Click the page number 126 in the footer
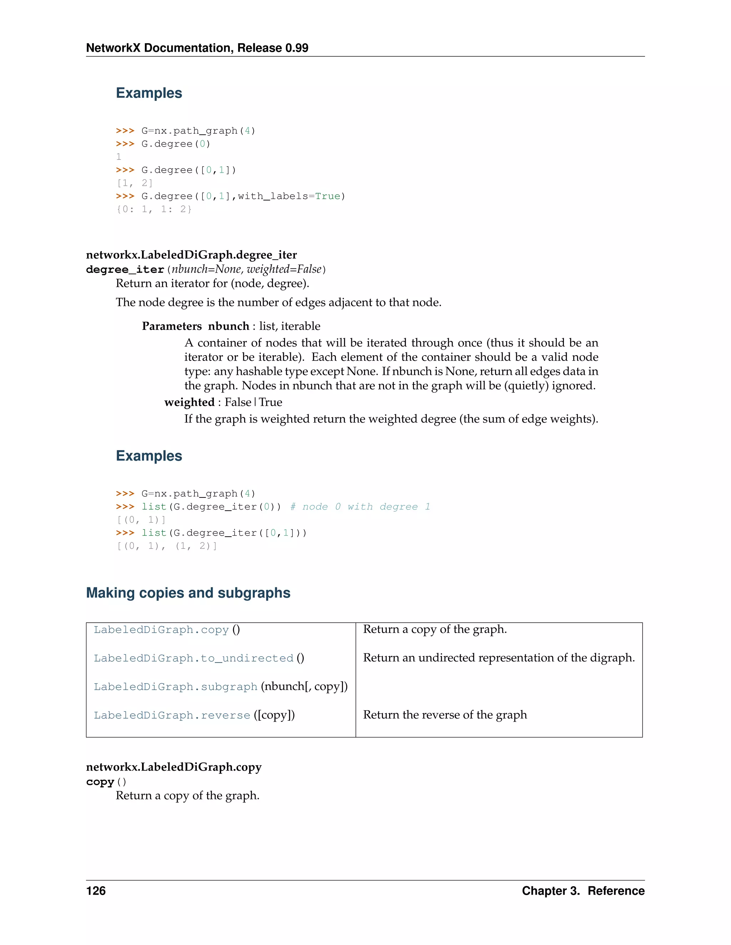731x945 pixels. click(x=96, y=890)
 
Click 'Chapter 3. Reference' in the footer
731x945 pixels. click(x=583, y=890)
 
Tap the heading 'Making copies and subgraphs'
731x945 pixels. click(x=188, y=592)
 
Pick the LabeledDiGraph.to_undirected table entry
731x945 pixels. click(x=193, y=658)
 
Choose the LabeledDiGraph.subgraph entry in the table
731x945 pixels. click(x=175, y=687)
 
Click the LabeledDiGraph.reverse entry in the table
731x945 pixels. click(x=172, y=715)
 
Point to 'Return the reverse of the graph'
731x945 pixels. click(x=445, y=714)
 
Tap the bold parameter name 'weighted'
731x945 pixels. click(x=189, y=402)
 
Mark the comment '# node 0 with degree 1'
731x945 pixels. click(x=360, y=507)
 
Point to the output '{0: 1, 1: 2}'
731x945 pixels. click(x=154, y=209)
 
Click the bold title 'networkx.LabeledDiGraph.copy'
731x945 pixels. click(x=174, y=767)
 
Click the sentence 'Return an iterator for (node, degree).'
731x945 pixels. click(x=212, y=283)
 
